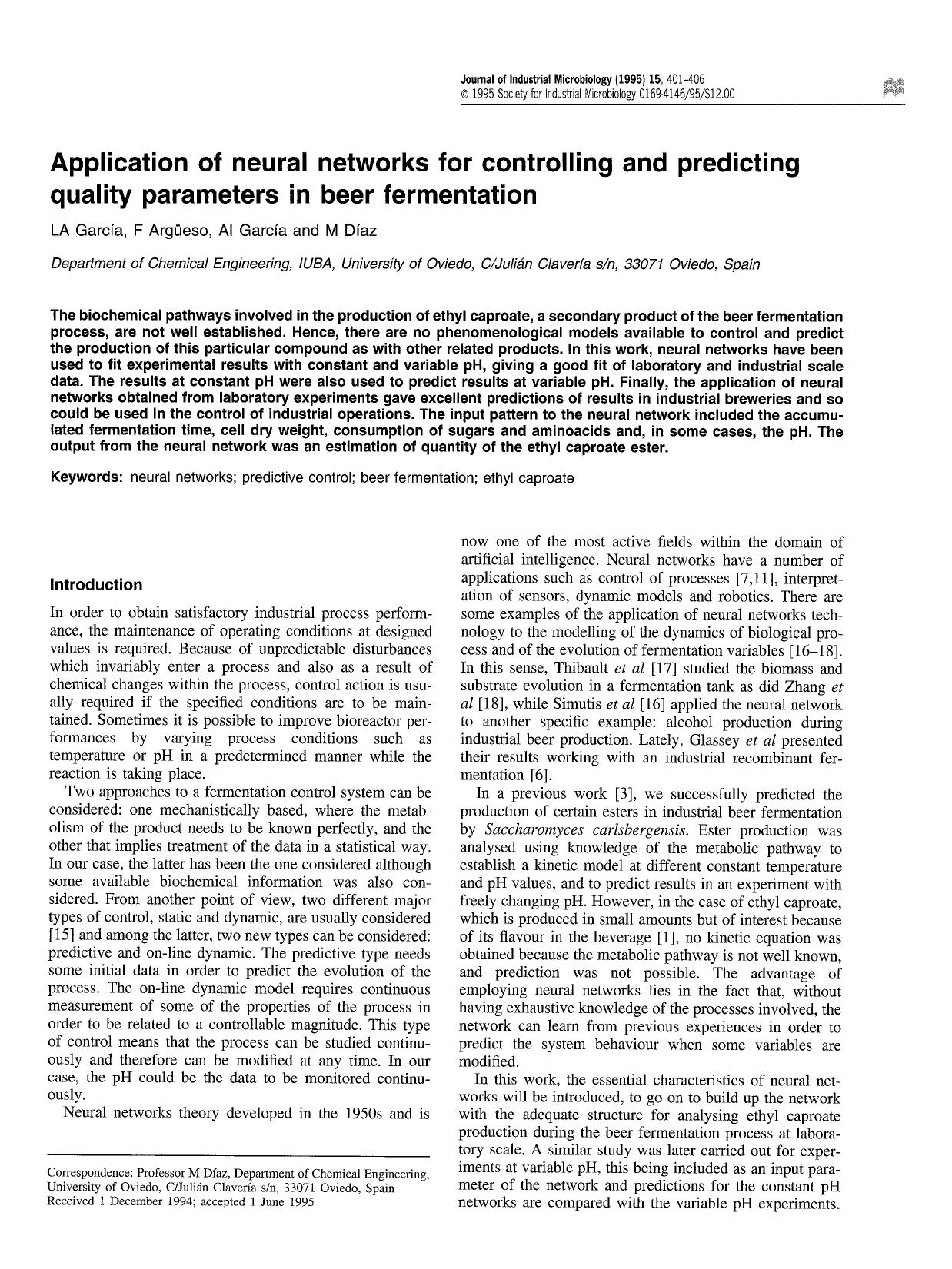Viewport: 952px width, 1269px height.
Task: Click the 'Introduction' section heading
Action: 95,585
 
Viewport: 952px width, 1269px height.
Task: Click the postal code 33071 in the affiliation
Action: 644,264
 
